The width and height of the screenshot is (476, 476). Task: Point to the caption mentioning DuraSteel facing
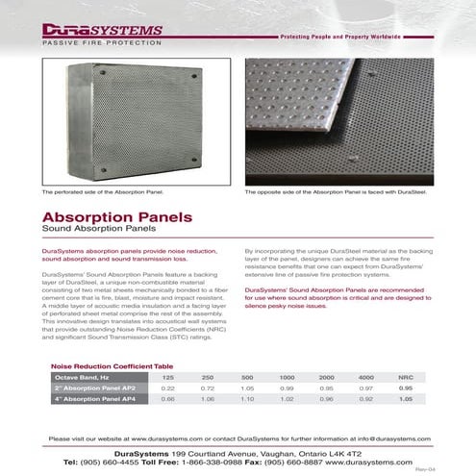tap(336, 193)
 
